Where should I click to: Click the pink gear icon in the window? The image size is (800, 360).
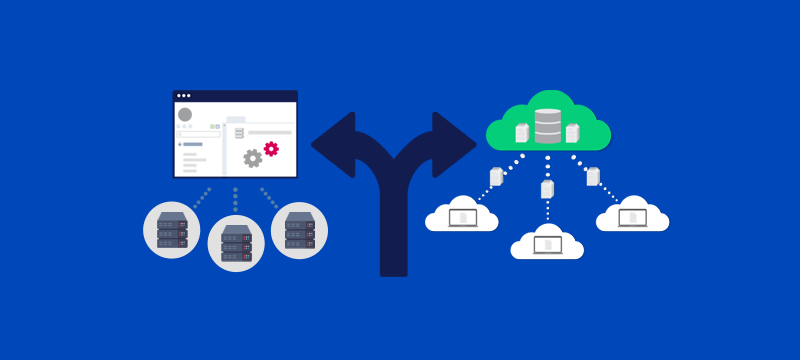(x=271, y=149)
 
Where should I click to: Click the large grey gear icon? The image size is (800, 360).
(x=253, y=158)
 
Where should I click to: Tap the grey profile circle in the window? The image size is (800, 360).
(x=185, y=115)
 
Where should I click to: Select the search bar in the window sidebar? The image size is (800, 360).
(x=199, y=133)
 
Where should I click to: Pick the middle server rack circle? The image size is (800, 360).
(x=235, y=244)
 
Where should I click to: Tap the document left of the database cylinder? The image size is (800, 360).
(x=521, y=132)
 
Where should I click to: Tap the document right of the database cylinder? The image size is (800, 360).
(x=573, y=132)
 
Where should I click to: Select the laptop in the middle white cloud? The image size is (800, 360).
(x=547, y=241)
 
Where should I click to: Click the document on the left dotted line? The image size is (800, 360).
(x=496, y=177)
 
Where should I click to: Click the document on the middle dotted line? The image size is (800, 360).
(x=547, y=188)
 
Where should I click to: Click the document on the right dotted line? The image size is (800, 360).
(x=594, y=176)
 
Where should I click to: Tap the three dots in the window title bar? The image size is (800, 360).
(x=184, y=97)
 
